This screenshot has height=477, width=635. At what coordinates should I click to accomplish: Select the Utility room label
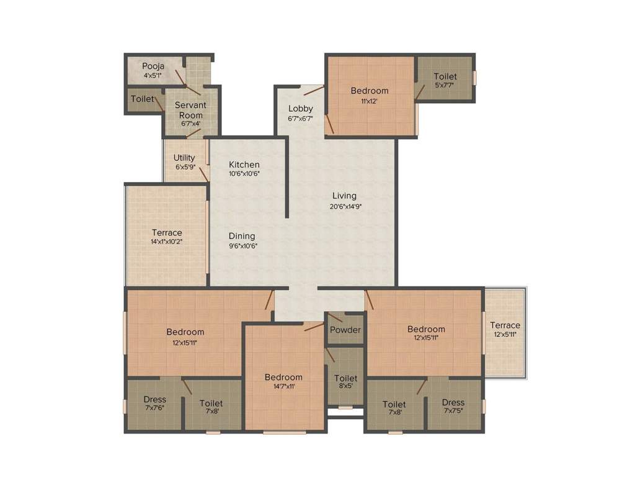point(184,158)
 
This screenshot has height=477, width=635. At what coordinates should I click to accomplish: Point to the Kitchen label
point(244,165)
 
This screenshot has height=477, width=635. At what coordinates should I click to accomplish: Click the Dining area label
point(242,236)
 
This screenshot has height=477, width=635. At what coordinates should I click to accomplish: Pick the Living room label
point(344,196)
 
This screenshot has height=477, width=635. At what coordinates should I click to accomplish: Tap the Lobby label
point(301,109)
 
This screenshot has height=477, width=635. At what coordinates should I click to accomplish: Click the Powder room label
point(345,330)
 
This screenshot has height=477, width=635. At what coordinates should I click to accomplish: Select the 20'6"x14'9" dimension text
point(345,207)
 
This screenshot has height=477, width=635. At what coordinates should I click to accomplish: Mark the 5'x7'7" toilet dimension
point(445,86)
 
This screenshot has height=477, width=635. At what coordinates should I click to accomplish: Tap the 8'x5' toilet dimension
point(345,388)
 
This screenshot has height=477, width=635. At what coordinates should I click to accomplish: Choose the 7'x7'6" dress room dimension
point(154,409)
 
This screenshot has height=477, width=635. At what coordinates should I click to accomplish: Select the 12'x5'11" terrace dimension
point(505,335)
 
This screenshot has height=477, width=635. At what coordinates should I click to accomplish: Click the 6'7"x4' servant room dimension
point(190,123)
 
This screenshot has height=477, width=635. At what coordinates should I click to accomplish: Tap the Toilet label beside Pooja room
point(143,99)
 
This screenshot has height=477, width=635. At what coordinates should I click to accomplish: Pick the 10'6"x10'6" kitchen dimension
point(244,174)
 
